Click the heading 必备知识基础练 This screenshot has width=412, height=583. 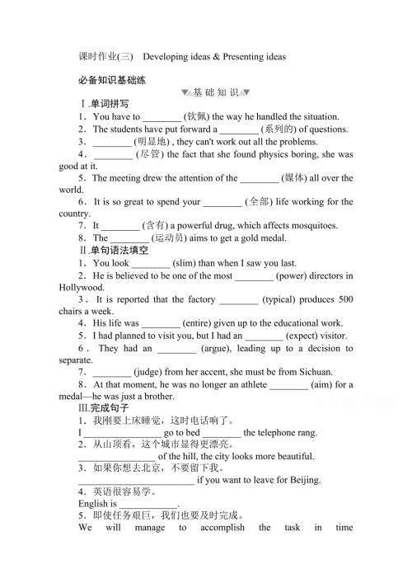point(108,80)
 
